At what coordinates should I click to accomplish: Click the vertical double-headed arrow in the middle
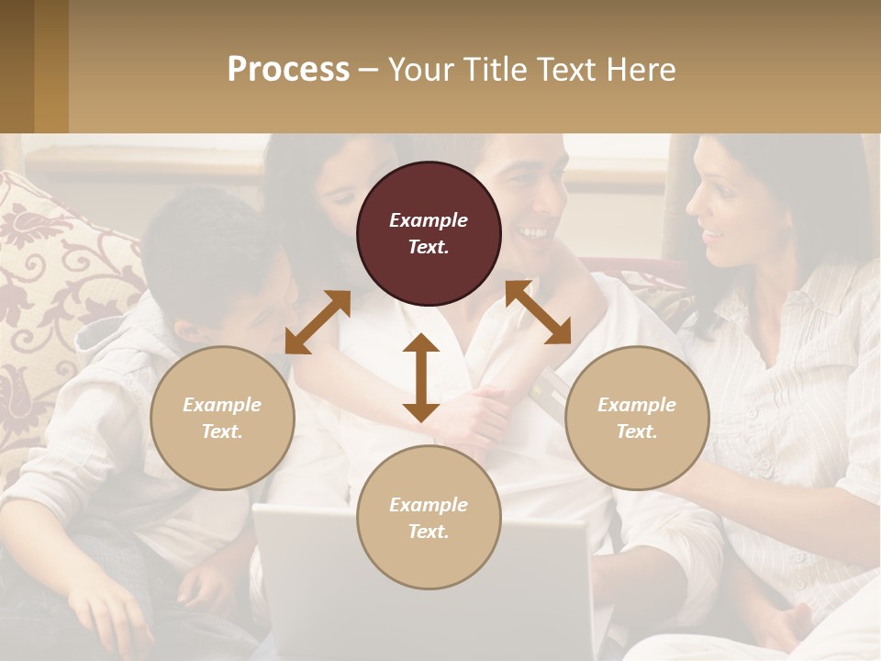pos(421,377)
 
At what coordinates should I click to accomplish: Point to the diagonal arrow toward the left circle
pos(318,322)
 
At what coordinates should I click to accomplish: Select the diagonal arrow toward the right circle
pos(538,312)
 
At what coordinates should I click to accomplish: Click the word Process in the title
pos(288,69)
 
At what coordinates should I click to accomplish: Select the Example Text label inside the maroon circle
pos(429,233)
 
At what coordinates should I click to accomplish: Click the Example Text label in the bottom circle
pos(429,518)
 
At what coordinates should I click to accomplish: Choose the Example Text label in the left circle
pos(222,418)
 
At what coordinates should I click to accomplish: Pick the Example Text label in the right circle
pos(637,418)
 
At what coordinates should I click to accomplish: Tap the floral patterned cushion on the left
pos(55,275)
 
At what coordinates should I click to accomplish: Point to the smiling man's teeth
pos(533,232)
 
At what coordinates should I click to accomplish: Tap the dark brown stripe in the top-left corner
pos(17,66)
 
